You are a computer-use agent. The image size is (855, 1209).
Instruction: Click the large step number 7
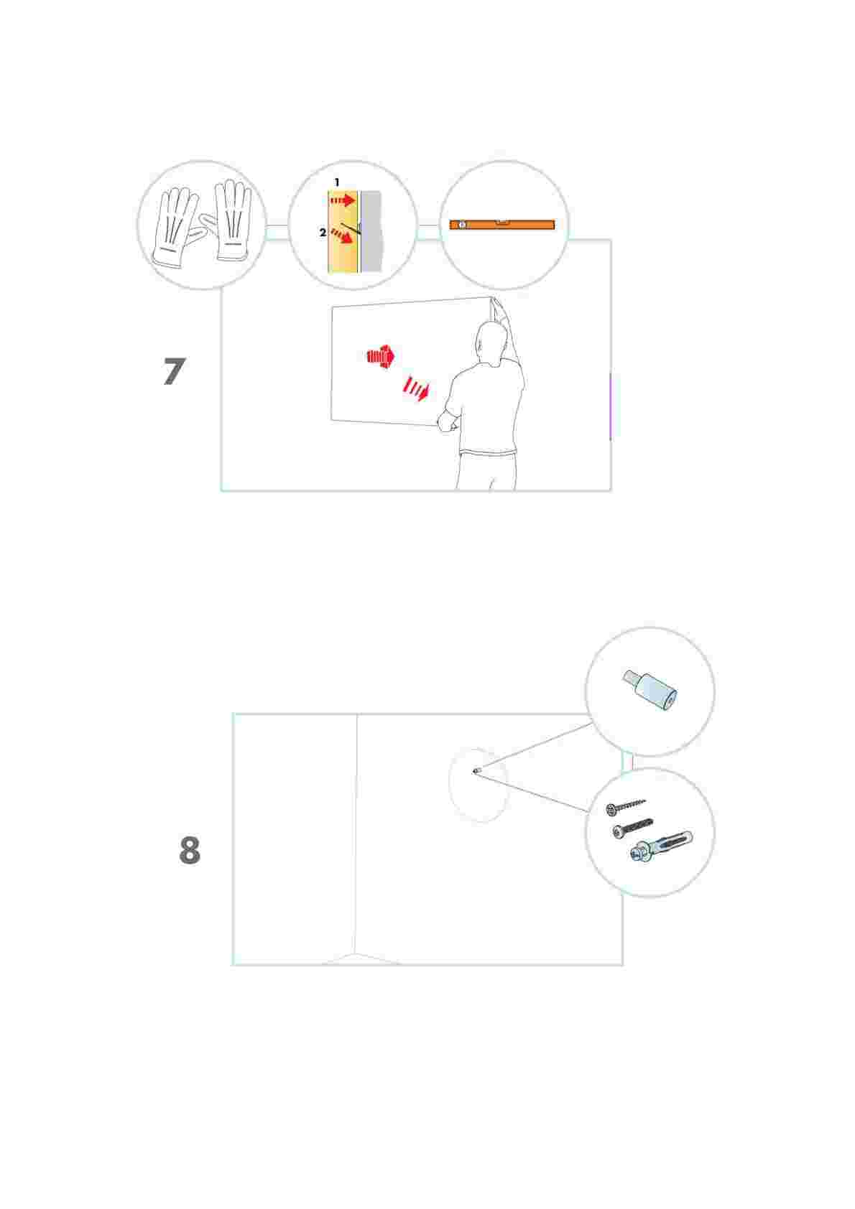pos(174,371)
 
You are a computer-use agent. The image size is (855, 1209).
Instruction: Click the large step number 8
pos(190,851)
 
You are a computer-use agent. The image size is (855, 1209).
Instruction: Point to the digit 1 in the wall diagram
pos(336,182)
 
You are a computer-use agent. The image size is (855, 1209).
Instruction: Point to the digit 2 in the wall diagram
pos(323,233)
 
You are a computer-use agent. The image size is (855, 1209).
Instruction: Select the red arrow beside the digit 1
pos(343,201)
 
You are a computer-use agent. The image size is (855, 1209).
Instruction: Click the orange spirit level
pos(502,225)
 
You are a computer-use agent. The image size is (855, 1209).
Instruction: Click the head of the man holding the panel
pos(490,341)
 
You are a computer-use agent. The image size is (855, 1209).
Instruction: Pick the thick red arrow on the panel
pos(381,356)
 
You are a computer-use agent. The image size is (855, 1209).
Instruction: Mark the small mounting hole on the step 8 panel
pos(476,771)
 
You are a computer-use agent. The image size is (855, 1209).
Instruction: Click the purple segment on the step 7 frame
pos(610,406)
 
